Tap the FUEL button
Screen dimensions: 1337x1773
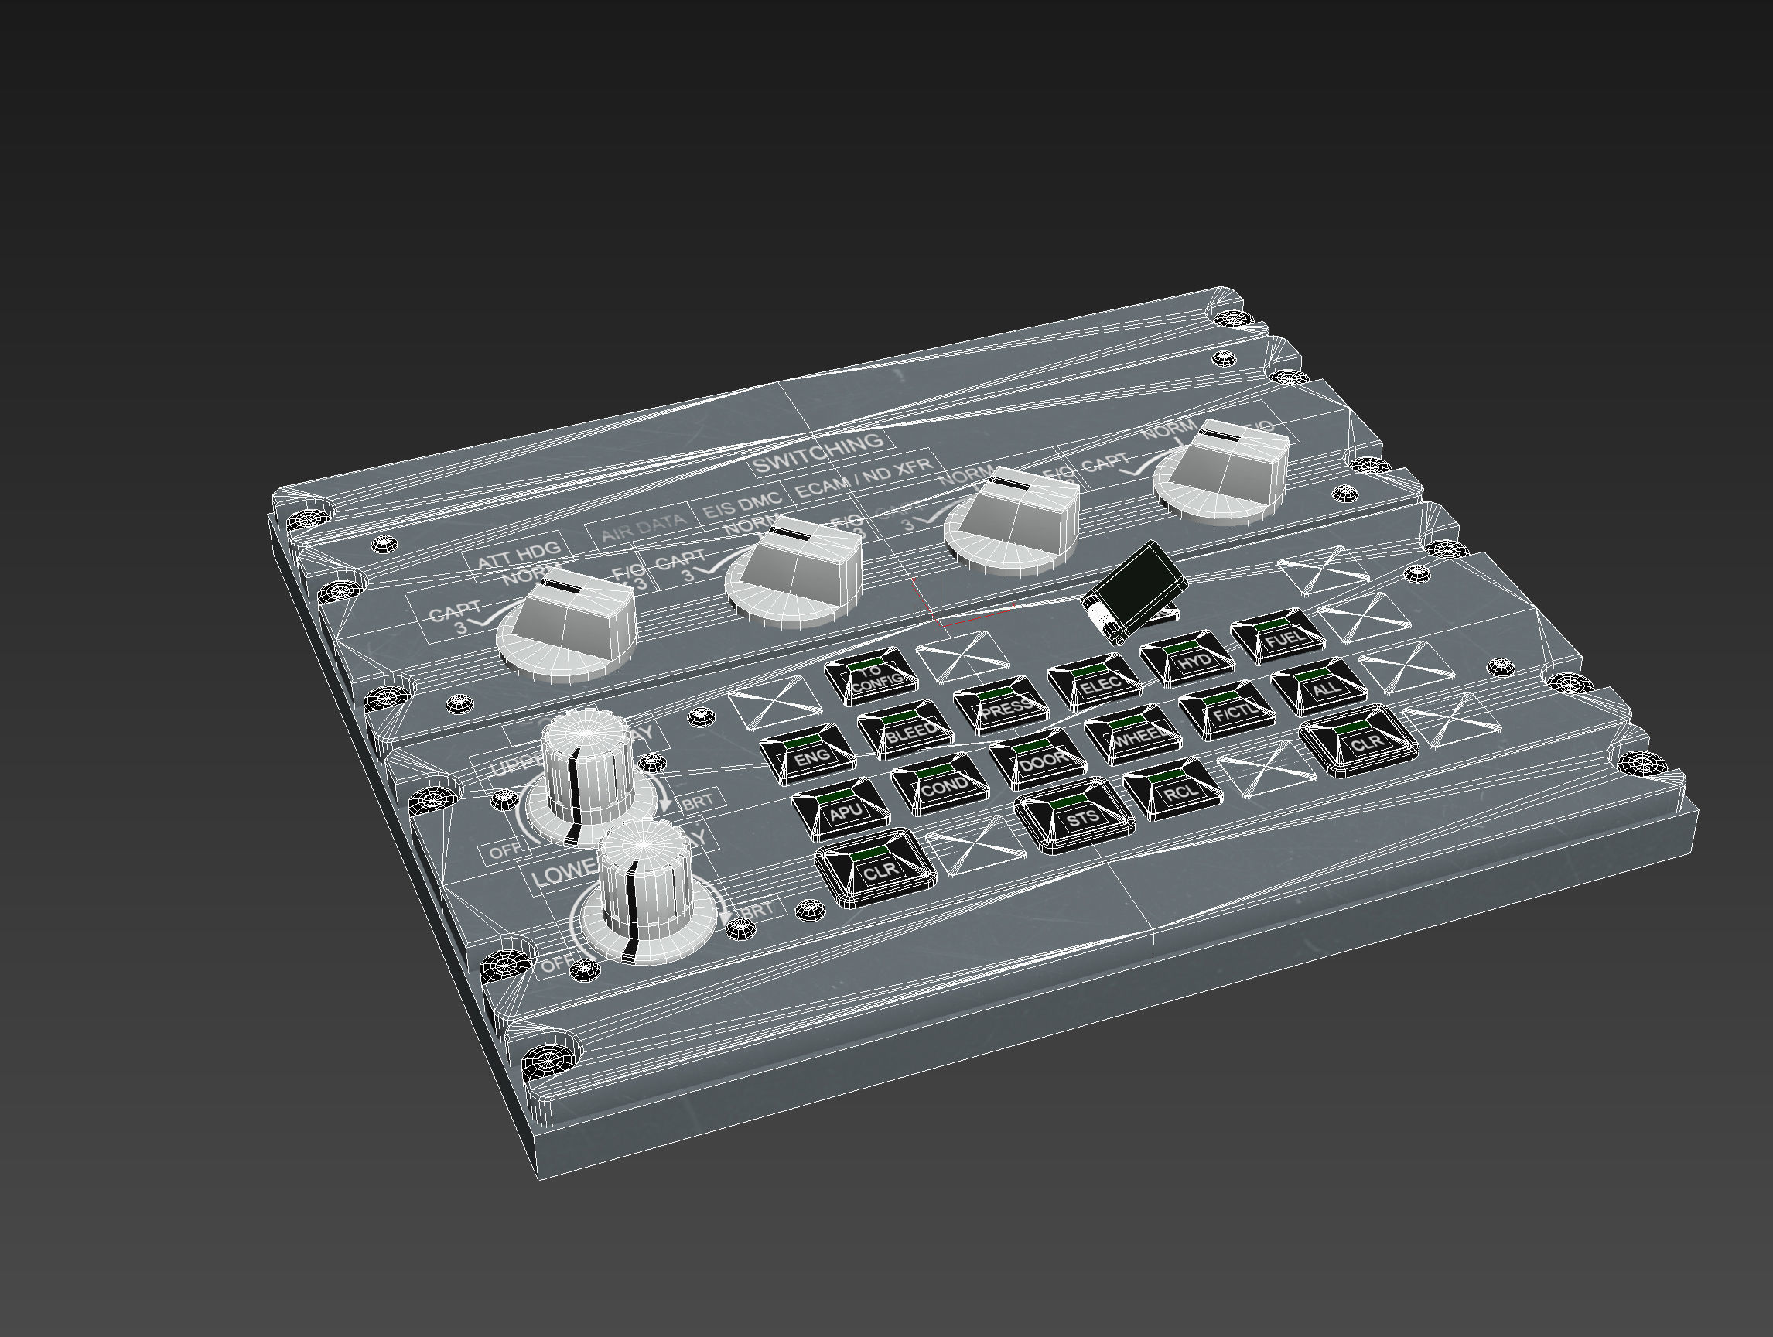[x=1280, y=638]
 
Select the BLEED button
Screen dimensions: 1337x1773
[x=907, y=728]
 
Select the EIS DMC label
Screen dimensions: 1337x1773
[x=741, y=506]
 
